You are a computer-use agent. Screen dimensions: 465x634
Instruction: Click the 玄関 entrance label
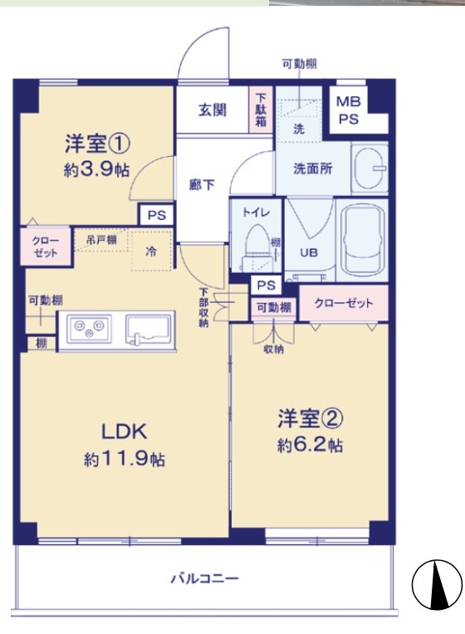click(212, 110)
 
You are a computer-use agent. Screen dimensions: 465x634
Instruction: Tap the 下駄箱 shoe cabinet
click(261, 110)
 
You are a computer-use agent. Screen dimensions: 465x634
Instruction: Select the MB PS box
click(349, 110)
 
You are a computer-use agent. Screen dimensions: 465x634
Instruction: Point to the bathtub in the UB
click(362, 241)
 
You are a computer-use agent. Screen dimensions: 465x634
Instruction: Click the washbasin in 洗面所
click(370, 168)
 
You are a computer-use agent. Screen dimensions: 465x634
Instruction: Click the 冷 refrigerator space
click(151, 251)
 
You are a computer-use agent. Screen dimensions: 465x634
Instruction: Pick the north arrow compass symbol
click(437, 585)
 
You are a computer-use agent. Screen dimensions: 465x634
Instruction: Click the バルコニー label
click(205, 578)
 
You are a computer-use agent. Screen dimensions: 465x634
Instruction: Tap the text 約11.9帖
click(125, 459)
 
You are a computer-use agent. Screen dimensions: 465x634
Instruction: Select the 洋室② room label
click(311, 418)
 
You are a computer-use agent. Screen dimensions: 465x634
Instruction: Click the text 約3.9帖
click(96, 170)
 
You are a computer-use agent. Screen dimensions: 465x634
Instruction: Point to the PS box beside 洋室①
click(157, 215)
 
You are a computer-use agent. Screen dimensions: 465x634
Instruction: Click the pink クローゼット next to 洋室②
click(344, 303)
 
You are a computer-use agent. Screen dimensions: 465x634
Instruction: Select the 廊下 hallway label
click(202, 185)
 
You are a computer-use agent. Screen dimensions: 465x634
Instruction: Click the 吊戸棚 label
click(101, 240)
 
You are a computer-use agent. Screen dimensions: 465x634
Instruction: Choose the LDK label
click(124, 432)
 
